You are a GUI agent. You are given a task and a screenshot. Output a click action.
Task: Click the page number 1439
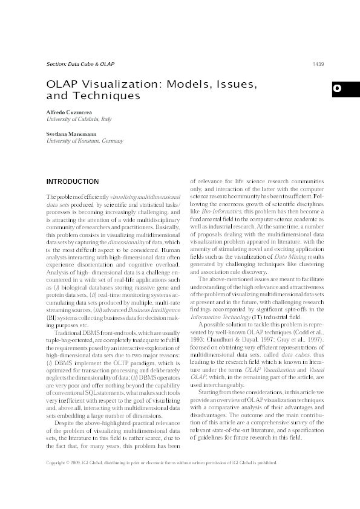coord(318,64)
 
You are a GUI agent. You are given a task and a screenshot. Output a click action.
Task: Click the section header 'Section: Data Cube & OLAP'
coord(80,64)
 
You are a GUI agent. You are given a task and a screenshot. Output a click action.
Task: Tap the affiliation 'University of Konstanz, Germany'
coord(85,140)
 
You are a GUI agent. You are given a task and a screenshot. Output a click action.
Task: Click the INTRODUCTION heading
coord(73,181)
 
